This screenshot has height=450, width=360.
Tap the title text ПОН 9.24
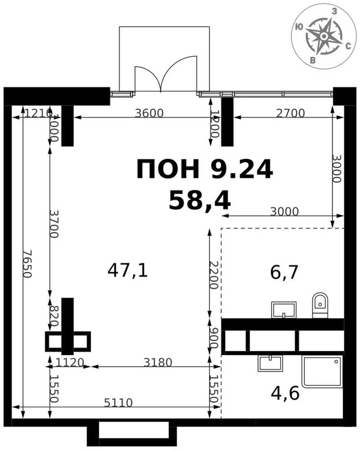pos(205,169)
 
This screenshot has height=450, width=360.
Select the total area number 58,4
pos(199,200)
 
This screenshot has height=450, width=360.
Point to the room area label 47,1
pos(127,270)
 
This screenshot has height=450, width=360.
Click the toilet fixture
pos(320,305)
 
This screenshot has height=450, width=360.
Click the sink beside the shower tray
pos(269,363)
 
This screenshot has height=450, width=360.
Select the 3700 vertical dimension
pos(53,223)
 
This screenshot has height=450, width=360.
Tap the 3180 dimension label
pos(158,362)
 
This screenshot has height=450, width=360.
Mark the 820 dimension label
pos(53,316)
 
